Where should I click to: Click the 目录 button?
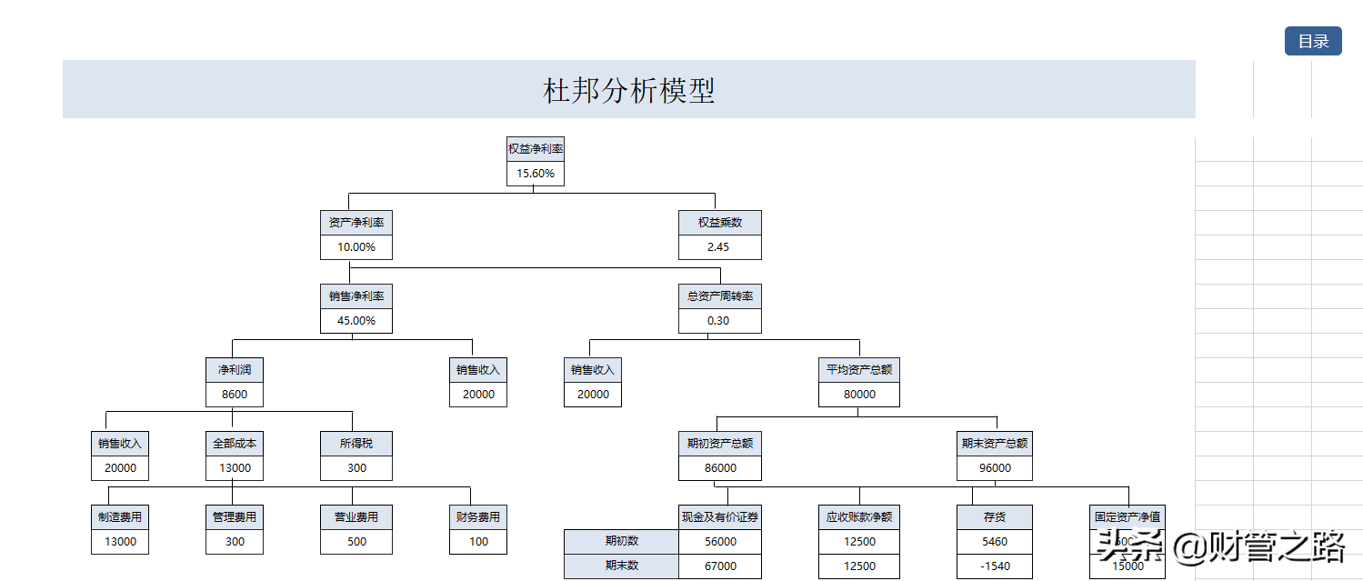[1313, 41]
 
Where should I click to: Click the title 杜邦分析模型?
[628, 90]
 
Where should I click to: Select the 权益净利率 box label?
[536, 149]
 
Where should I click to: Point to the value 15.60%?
[536, 174]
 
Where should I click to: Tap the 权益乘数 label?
[719, 223]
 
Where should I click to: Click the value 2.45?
[718, 247]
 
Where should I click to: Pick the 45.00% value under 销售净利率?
[356, 321]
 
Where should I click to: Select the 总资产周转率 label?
[719, 296]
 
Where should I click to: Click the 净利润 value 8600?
[235, 395]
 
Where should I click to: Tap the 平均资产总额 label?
[858, 370]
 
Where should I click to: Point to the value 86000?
[720, 468]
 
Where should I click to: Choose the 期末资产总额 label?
[995, 444]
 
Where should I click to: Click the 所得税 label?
[356, 444]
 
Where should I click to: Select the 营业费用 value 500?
[356, 542]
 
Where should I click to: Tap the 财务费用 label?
[478, 517]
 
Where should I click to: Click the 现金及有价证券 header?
[720, 517]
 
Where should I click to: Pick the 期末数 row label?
[622, 566]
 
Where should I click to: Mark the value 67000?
[720, 566]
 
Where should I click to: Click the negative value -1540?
[995, 566]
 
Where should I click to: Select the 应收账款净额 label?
[858, 517]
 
